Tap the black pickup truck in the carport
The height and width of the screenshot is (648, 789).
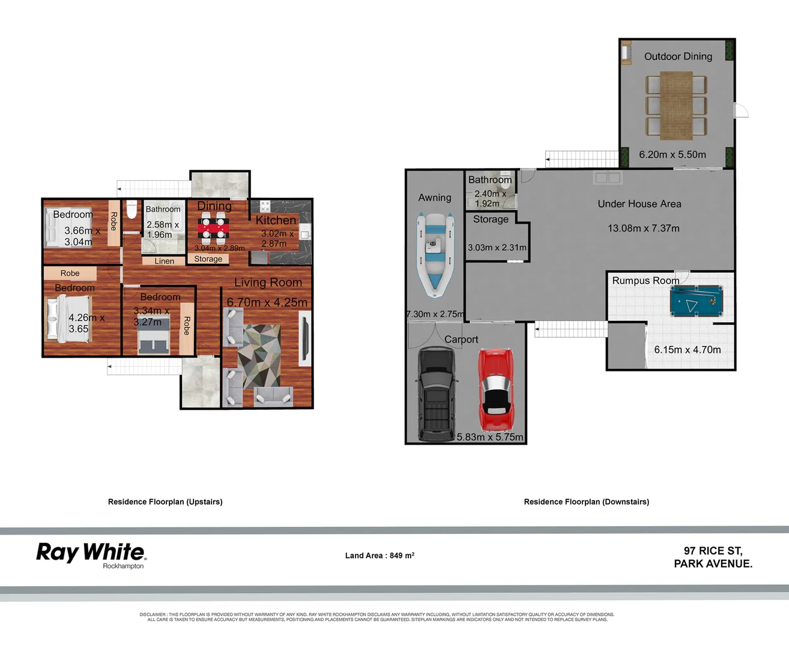point(436,393)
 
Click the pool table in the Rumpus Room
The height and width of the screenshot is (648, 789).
point(696,301)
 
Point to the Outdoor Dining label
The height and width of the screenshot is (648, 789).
point(678,56)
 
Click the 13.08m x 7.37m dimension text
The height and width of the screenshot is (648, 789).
point(643,228)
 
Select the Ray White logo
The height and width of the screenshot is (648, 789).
point(91,553)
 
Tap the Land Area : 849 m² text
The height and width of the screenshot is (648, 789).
point(379,556)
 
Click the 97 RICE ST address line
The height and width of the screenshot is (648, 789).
point(713,551)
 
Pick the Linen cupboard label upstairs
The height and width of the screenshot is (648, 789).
point(164,261)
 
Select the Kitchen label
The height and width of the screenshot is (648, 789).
point(276,220)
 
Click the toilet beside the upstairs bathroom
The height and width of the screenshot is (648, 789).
point(131,211)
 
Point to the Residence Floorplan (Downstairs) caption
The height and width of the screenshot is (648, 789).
point(586,502)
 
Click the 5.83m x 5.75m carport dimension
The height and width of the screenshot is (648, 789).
point(489,437)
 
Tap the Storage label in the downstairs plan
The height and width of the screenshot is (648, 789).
point(491,219)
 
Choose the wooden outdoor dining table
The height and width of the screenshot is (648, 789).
point(676,104)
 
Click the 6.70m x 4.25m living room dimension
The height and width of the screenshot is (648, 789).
point(267,302)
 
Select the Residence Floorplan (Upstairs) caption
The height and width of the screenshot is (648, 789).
point(165,502)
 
